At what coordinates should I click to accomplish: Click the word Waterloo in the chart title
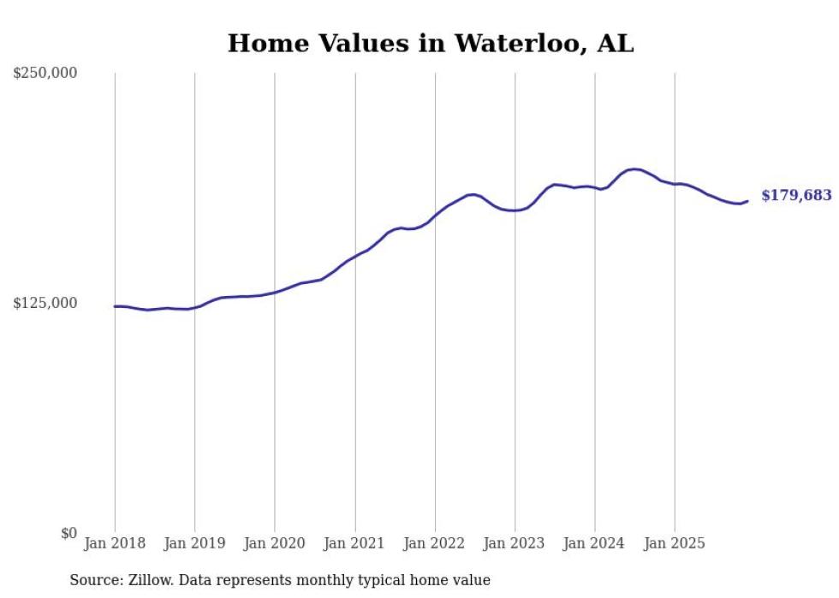(496, 44)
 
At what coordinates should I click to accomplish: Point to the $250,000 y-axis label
(45, 74)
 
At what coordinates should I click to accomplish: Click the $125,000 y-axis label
(45, 304)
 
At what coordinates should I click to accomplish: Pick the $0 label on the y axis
(68, 533)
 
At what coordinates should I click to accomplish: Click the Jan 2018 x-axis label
(115, 543)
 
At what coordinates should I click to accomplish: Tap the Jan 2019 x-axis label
(194, 543)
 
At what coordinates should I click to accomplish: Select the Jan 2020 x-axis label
(275, 543)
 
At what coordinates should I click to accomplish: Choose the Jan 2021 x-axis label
(354, 543)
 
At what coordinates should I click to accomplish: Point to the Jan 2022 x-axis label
(435, 543)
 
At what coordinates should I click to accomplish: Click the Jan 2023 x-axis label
(515, 543)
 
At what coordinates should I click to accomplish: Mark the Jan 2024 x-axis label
(595, 543)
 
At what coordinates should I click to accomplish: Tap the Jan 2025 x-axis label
(675, 543)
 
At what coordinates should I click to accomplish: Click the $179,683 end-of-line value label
(795, 196)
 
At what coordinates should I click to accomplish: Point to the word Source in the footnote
(94, 580)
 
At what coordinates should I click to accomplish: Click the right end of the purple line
(747, 201)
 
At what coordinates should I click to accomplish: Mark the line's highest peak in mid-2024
(634, 169)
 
